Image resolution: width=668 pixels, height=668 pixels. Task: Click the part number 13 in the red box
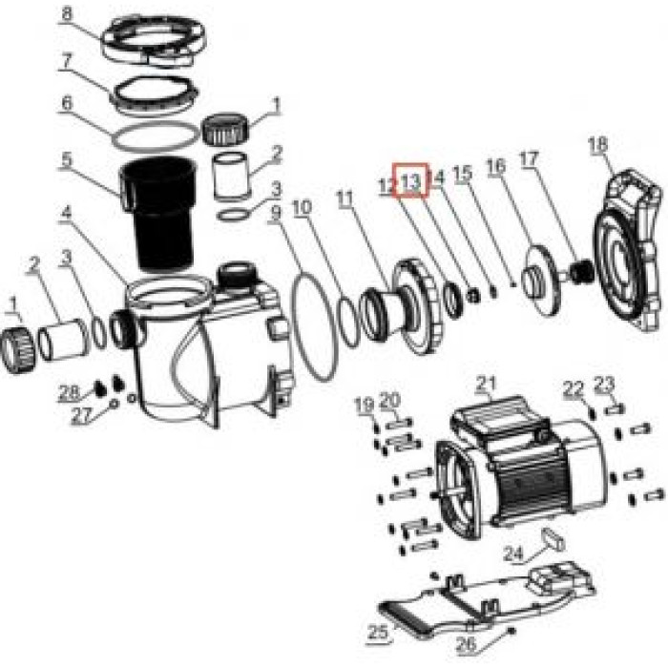(x=411, y=182)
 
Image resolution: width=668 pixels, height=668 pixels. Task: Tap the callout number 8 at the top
(x=67, y=13)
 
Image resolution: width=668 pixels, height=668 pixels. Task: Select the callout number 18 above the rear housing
(x=597, y=144)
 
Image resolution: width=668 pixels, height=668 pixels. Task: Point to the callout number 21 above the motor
(x=486, y=384)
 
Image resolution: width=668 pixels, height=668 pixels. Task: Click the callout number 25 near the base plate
(x=378, y=632)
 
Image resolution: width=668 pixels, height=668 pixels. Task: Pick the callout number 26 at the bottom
(x=466, y=644)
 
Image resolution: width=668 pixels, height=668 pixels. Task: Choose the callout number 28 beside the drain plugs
(x=69, y=391)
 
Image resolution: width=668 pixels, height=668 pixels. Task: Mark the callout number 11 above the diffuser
(x=345, y=198)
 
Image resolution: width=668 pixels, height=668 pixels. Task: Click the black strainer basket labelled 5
(x=159, y=213)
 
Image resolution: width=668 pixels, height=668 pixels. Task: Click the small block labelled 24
(x=553, y=540)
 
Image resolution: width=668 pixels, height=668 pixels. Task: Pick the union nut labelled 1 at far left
(x=17, y=349)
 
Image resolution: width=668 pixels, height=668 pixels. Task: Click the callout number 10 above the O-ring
(x=303, y=207)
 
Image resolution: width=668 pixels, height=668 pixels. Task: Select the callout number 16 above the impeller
(x=496, y=167)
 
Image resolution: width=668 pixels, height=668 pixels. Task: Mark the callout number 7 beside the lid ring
(x=66, y=60)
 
